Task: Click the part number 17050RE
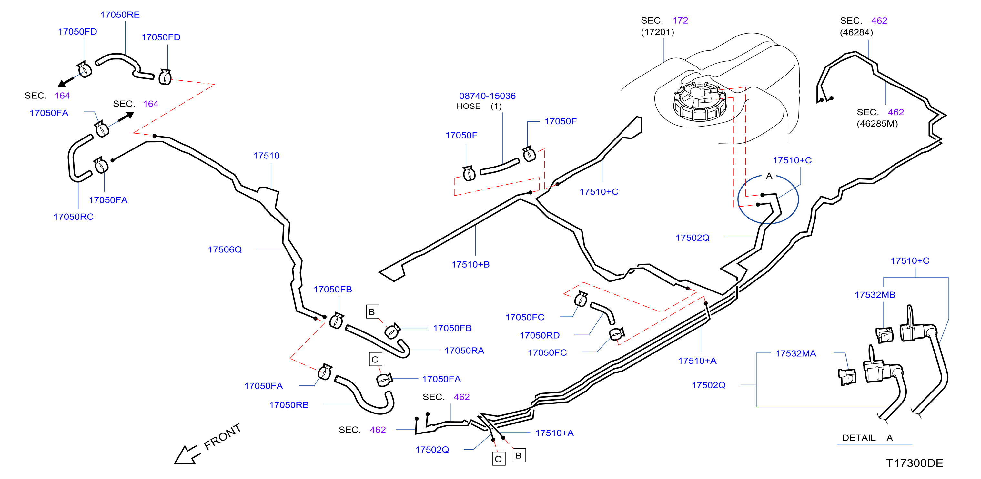tap(120, 15)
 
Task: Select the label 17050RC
tap(74, 217)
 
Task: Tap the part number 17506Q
tap(225, 250)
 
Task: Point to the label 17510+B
tap(470, 264)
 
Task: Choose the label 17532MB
tap(875, 295)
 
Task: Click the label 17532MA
tap(795, 354)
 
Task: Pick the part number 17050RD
tap(540, 335)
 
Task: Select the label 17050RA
tap(464, 351)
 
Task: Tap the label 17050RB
tap(289, 405)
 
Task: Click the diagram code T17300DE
tap(914, 464)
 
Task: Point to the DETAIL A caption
tap(867, 438)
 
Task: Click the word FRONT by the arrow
tap(222, 436)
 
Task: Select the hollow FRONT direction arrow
tap(187, 454)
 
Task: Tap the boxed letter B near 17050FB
tap(372, 312)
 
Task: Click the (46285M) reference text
tap(877, 124)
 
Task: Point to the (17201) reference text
tap(657, 32)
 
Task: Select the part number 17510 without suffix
tap(266, 156)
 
